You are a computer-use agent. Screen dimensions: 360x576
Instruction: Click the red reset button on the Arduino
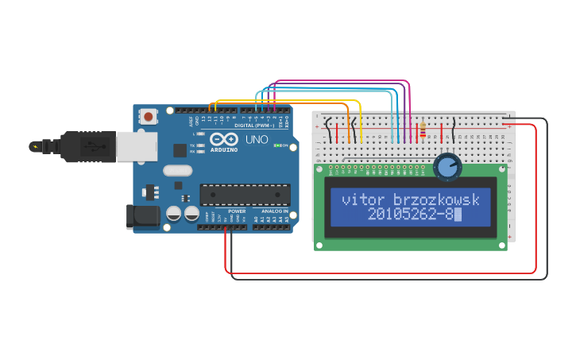pyautogui.click(x=149, y=117)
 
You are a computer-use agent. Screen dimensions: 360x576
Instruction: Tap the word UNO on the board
pyautogui.click(x=256, y=139)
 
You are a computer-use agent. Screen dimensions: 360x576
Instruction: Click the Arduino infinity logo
pyautogui.click(x=224, y=139)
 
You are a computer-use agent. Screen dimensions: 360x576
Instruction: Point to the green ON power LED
pyautogui.click(x=275, y=145)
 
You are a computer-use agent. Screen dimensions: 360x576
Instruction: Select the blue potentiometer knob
pyautogui.click(x=448, y=166)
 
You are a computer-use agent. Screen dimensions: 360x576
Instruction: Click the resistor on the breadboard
pyautogui.click(x=422, y=126)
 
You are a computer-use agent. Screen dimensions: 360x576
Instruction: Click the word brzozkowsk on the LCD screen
pyautogui.click(x=437, y=199)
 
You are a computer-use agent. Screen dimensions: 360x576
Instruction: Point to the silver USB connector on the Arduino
pyautogui.click(x=137, y=146)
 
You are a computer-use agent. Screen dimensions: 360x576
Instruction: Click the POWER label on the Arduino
pyautogui.click(x=237, y=211)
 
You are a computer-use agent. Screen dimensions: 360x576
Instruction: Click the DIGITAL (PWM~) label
pyautogui.click(x=254, y=126)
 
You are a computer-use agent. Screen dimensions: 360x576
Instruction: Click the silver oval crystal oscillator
pyautogui.click(x=178, y=169)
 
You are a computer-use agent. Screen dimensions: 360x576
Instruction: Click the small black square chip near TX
pyautogui.click(x=180, y=149)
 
